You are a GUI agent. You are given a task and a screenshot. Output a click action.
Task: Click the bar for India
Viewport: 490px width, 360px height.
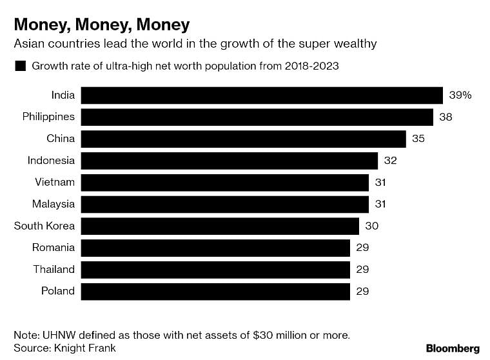[x=262, y=95]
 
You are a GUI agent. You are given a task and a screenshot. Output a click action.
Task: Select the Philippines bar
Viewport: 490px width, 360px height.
[x=257, y=117]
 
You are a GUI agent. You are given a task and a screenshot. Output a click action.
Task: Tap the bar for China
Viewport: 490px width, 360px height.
[x=244, y=139]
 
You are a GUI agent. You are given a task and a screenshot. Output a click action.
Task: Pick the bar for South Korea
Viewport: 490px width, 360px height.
[x=220, y=226]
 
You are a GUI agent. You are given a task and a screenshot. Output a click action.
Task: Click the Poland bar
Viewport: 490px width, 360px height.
[x=215, y=291]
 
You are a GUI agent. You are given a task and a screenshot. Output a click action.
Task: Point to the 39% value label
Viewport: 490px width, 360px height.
[x=460, y=95]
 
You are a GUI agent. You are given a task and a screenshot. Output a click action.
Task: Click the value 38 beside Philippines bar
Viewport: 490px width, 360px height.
[x=446, y=117]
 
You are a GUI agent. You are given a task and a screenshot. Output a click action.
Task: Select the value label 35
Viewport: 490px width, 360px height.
[x=418, y=139]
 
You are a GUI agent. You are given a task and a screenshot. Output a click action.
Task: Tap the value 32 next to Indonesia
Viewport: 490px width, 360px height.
[x=390, y=161]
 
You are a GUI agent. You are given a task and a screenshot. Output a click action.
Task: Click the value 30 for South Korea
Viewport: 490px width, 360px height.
[x=371, y=226]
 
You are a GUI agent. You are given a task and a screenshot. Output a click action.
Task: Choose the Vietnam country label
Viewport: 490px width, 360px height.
[x=54, y=183]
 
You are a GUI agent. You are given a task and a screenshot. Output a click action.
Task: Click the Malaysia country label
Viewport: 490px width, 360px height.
[x=54, y=205]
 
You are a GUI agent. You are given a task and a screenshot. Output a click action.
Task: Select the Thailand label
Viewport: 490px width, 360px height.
[x=54, y=269]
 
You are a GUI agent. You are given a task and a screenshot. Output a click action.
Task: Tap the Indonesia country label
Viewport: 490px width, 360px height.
[x=51, y=161]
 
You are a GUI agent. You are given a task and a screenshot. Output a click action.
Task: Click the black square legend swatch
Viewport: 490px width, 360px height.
[x=20, y=66]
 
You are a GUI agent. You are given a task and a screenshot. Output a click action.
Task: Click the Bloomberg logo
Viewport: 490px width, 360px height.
[x=453, y=348]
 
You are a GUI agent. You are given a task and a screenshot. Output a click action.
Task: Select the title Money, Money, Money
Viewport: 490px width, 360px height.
[x=102, y=25]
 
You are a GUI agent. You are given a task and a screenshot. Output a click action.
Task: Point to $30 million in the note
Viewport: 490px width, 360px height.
[x=280, y=335]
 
